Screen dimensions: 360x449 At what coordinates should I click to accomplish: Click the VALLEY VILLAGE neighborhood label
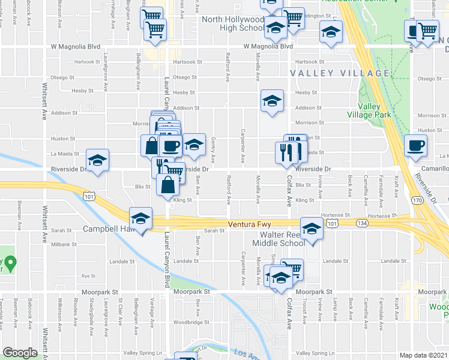339,73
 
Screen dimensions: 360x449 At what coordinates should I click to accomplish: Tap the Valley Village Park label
369,110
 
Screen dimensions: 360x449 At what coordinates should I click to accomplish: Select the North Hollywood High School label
233,23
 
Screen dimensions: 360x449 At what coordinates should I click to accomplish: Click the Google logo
20,353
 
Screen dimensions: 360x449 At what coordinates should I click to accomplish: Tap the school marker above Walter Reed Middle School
312,229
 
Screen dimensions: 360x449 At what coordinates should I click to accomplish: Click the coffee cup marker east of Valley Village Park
415,145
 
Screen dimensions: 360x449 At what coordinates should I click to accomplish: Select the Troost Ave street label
305,308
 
